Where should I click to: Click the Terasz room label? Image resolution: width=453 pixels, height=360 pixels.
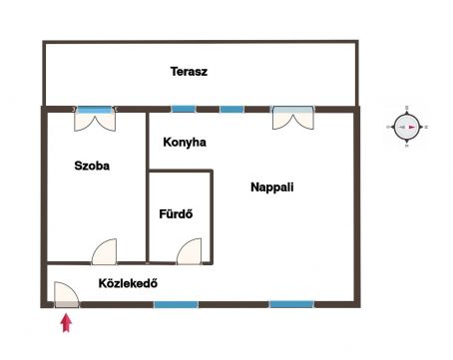point(189,72)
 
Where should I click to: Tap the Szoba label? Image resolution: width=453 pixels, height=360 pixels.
point(92,166)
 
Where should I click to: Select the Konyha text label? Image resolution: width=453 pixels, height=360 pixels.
point(185,143)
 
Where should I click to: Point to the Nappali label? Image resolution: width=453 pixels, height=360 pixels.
point(272,187)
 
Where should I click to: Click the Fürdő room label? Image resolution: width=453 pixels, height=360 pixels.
point(176,213)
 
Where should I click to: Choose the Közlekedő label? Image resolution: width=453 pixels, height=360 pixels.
point(128,283)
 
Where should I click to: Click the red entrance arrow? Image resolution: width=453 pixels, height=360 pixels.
point(67,323)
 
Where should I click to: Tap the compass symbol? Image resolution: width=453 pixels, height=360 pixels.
point(407,127)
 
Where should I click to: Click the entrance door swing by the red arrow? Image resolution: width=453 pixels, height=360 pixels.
point(67,294)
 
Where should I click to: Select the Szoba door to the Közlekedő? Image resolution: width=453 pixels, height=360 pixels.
point(104,251)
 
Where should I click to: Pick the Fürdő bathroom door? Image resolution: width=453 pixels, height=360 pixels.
point(189,251)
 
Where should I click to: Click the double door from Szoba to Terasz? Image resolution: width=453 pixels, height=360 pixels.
point(95,119)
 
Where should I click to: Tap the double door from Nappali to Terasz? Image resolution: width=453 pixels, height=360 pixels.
point(293,118)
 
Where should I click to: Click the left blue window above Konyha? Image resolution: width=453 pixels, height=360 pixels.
point(184,109)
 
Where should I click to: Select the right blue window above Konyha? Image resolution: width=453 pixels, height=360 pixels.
point(231,109)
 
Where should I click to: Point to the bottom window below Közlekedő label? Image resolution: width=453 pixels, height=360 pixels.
point(176,304)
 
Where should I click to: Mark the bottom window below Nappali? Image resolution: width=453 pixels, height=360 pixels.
point(291,304)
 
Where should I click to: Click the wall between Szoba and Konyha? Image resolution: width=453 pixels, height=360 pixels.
point(147,187)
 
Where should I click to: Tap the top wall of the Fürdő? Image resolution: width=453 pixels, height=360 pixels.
point(181,172)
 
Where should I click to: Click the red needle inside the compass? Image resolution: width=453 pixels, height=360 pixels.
point(412,127)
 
